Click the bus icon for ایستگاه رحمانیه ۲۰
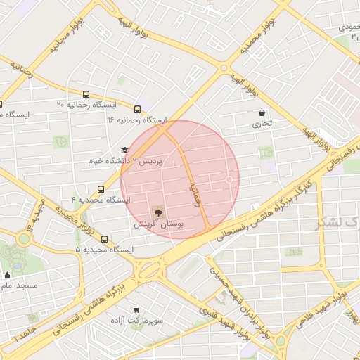(86, 94)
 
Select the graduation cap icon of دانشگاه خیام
(124, 150)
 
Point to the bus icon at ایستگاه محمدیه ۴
(101, 189)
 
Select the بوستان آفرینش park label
(158, 224)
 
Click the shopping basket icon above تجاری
(262, 112)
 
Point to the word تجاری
(262, 124)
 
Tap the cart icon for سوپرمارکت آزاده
(136, 309)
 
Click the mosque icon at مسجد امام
(7, 275)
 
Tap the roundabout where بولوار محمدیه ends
(224, 68)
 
